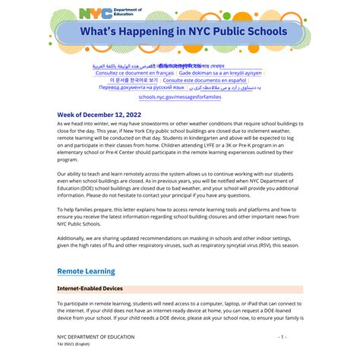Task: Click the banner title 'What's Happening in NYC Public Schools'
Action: point(179,31)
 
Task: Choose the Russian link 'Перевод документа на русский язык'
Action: point(142,87)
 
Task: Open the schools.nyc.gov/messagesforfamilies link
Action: point(179,97)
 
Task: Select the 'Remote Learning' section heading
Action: point(86,271)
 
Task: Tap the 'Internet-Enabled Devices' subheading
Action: point(95,289)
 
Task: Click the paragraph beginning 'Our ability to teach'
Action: point(179,191)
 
